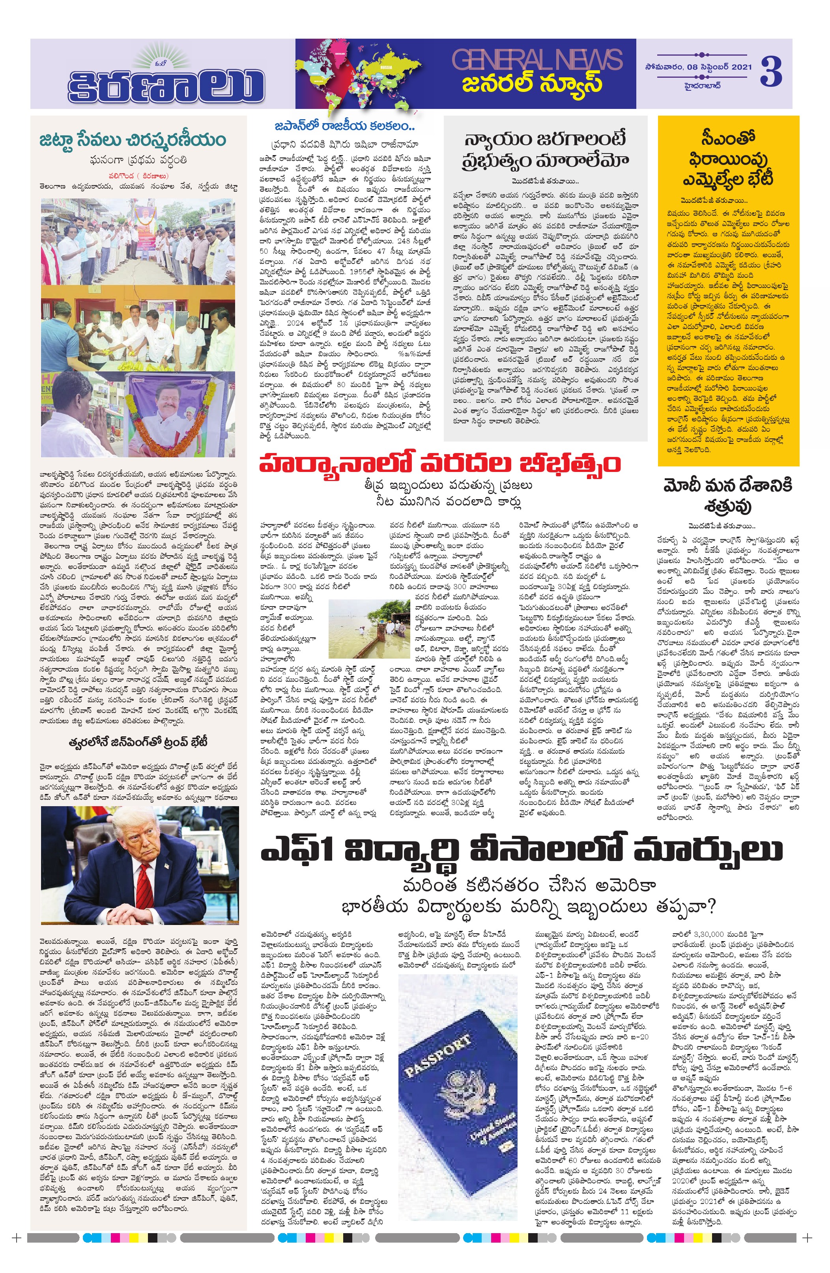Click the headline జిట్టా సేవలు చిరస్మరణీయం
point(133,140)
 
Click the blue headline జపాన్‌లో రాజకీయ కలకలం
point(345,126)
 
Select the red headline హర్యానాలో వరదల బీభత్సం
point(439,463)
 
